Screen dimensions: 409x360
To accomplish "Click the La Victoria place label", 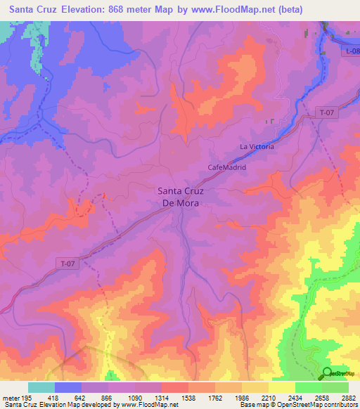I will [257, 147].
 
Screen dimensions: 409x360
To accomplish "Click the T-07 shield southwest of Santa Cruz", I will [67, 264].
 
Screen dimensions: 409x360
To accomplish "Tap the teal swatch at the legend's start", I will [41, 387].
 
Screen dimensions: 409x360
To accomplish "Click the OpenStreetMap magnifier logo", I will [328, 373].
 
